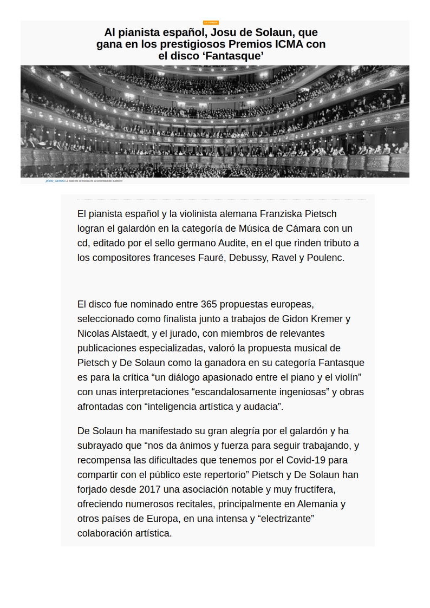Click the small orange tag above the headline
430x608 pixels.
tap(211, 23)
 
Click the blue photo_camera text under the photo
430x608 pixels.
tap(55, 181)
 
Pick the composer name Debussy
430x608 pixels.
tap(247, 258)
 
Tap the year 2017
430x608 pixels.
tap(149, 489)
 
